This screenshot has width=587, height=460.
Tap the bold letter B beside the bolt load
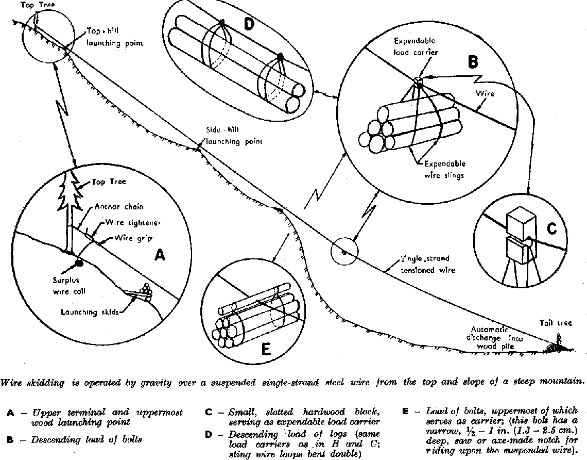click(x=473, y=62)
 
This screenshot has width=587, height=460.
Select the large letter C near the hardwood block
click(x=551, y=228)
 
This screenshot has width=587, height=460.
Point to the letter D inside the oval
click(x=249, y=24)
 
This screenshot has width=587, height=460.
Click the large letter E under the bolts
click(x=265, y=350)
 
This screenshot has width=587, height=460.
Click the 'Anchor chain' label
click(x=119, y=207)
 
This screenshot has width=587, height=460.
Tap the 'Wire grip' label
click(x=133, y=238)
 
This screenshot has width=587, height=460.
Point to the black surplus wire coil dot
click(x=79, y=263)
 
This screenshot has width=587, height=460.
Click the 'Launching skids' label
click(x=90, y=312)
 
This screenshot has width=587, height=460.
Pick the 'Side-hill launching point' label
click(x=234, y=135)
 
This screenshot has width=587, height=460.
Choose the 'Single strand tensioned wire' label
click(x=427, y=265)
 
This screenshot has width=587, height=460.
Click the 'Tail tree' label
click(x=556, y=323)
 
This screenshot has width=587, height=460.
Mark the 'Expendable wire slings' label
click(x=445, y=169)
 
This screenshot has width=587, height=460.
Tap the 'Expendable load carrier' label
click(x=415, y=46)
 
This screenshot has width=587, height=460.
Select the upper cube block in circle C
click(x=521, y=222)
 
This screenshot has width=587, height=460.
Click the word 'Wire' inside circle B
click(x=485, y=93)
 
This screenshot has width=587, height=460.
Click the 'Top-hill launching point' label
click(x=114, y=37)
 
